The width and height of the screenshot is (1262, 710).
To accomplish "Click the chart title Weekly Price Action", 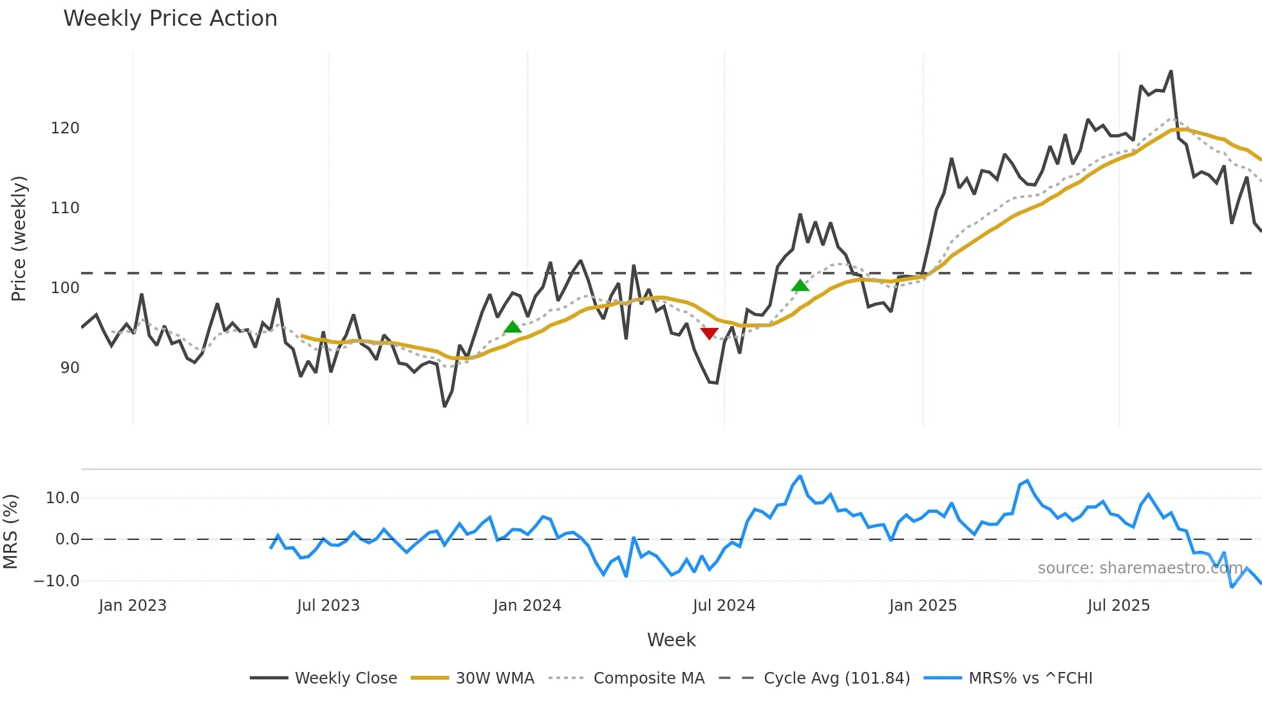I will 170,19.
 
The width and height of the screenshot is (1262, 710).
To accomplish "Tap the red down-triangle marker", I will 709,333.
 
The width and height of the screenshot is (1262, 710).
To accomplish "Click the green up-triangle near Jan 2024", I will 513,327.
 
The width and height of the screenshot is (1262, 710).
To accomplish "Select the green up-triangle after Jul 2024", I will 800,285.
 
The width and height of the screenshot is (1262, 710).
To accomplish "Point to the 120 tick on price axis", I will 65,128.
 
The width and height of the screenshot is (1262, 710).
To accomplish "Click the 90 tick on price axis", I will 70,368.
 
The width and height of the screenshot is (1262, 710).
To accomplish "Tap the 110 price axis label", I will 65,208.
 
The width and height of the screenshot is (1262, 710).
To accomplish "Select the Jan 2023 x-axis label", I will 133,606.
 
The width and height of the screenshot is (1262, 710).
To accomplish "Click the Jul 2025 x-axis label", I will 1118,606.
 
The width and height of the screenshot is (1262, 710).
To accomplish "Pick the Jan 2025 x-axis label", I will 923,606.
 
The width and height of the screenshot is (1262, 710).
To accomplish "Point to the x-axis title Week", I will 671,640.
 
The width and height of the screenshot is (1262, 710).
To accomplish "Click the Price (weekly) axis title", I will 19,238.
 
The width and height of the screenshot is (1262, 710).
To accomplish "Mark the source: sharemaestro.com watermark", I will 1140,568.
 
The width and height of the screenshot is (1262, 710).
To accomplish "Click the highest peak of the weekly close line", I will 1171,72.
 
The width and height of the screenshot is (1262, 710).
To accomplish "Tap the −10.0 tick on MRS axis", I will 57,581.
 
